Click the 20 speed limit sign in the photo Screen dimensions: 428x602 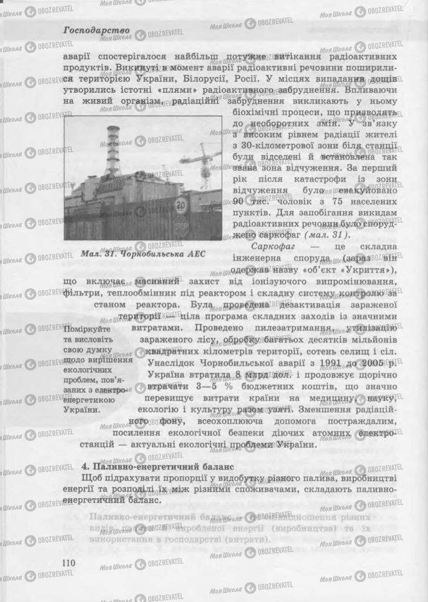click(181, 206)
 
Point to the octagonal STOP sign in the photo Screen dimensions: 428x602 click(182, 226)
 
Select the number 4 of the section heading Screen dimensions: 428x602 click(83, 466)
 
